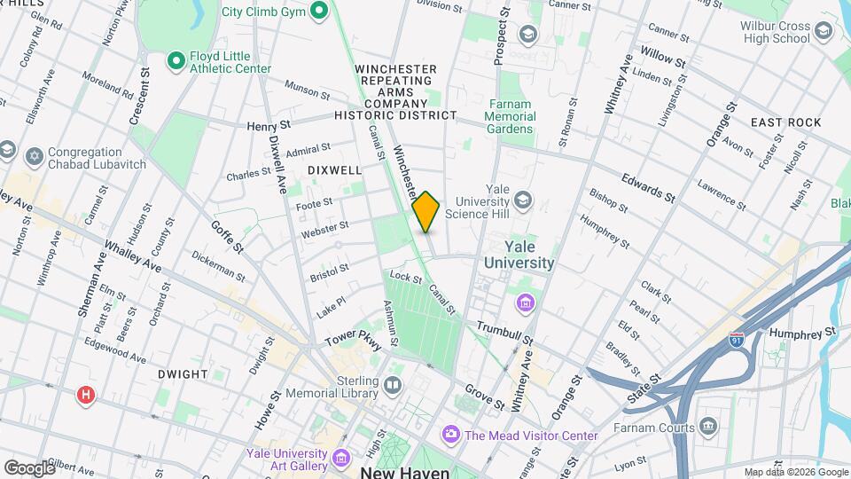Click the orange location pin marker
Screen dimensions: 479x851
[x=426, y=211]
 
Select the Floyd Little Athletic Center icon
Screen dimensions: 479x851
[x=176, y=60]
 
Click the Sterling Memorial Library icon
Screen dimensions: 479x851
[x=392, y=386]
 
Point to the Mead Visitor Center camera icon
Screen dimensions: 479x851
[x=450, y=435]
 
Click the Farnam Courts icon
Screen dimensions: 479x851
[x=707, y=428]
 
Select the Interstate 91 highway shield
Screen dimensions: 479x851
[x=736, y=339]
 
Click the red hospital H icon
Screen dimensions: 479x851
[x=85, y=394]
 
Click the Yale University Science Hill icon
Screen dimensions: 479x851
[x=524, y=198]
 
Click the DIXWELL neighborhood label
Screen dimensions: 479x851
[x=334, y=169]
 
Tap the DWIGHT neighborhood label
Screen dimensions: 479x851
[x=182, y=374]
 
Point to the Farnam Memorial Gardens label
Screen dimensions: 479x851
[x=511, y=116]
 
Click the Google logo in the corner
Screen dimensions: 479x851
[x=28, y=467]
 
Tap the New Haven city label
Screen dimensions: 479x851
[x=405, y=472]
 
